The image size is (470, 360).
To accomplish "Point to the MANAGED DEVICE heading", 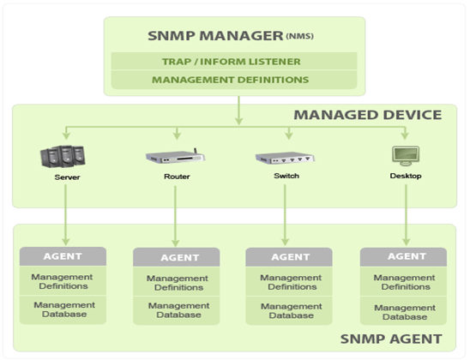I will (368, 115).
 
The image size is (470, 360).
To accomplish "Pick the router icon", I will (175, 158).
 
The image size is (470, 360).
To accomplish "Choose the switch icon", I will (286, 158).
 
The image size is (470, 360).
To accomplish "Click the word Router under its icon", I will (177, 177).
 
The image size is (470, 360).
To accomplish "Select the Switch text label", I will (287, 177).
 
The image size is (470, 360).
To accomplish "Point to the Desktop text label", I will (405, 176).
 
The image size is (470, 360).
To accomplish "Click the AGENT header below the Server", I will (63, 255).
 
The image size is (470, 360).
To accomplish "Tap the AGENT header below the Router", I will (177, 257).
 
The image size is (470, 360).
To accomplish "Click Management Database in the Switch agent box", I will (289, 309).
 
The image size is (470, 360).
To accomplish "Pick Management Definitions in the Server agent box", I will (63, 281).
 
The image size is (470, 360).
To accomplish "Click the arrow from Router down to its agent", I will (176, 214).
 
